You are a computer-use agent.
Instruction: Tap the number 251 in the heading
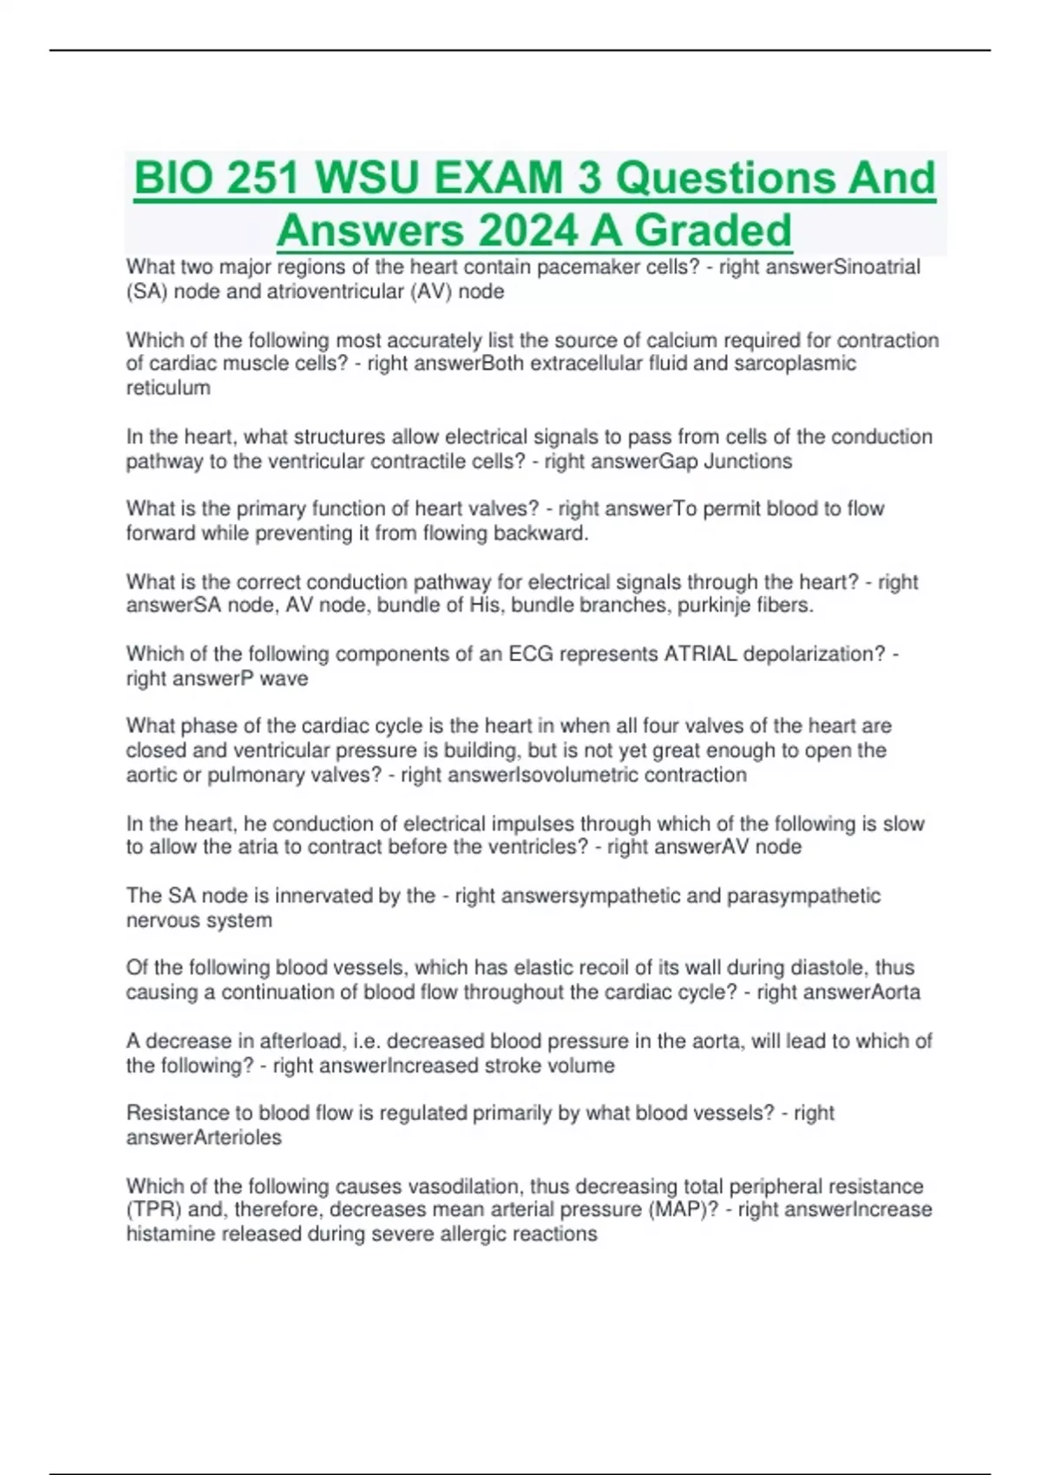click(x=262, y=179)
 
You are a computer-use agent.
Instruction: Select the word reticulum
click(x=168, y=388)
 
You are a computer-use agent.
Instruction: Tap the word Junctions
click(x=748, y=461)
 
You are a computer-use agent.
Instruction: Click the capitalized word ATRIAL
click(x=704, y=654)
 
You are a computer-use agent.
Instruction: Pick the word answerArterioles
click(x=204, y=1137)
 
